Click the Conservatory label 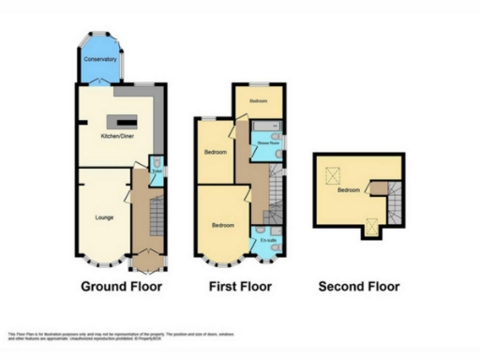[100, 59]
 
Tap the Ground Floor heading [122, 286]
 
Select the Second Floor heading [359, 286]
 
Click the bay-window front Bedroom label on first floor [223, 225]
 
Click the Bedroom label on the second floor [350, 189]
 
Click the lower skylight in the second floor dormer [372, 224]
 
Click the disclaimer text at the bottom [122, 335]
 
